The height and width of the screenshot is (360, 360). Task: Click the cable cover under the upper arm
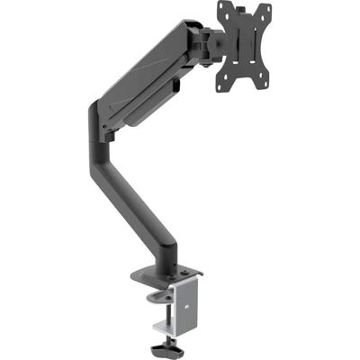click(x=153, y=103)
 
